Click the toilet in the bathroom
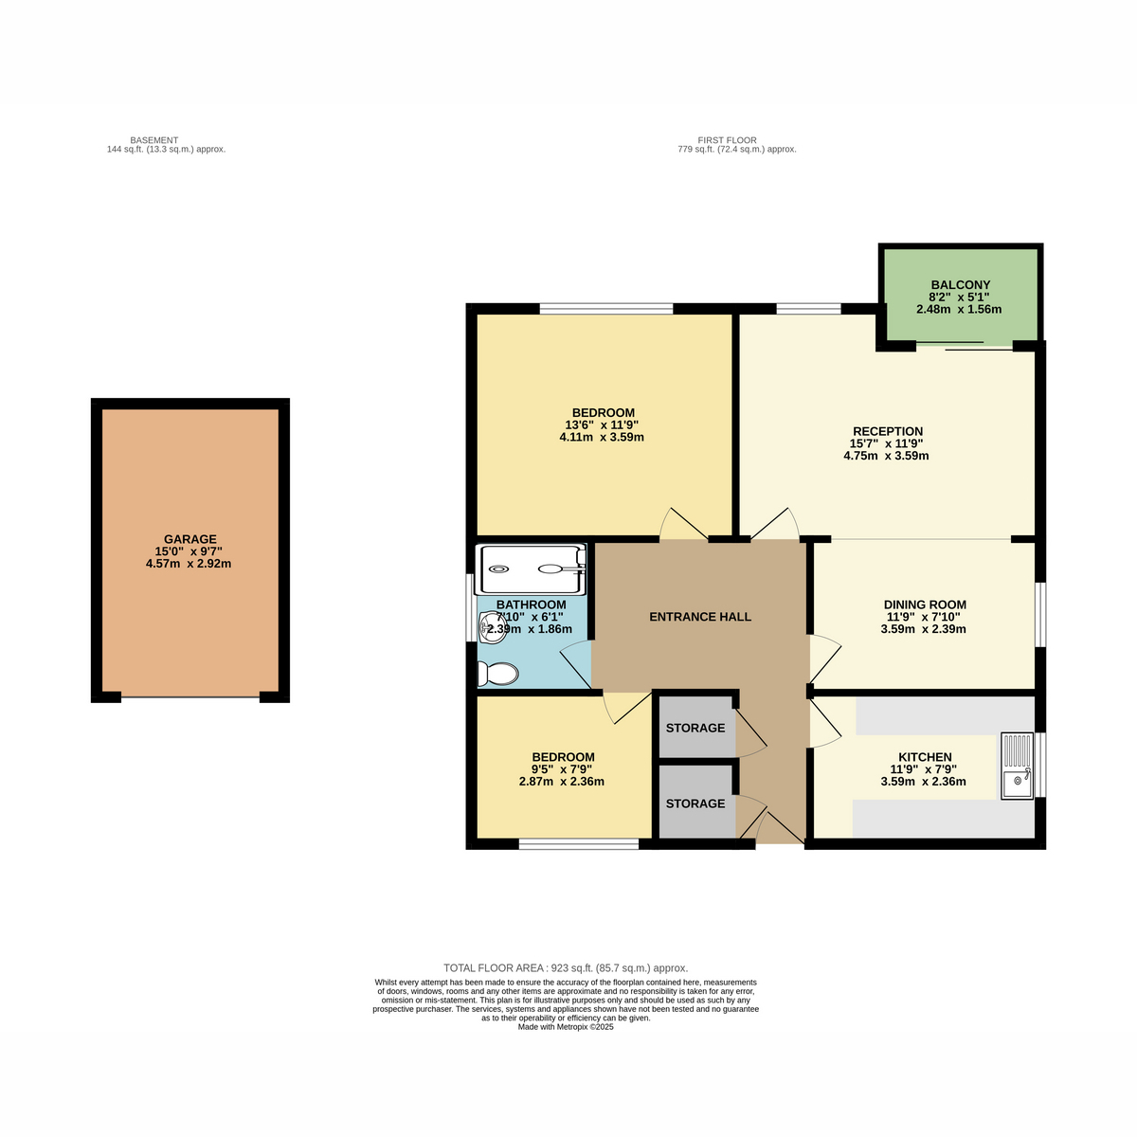tap(497, 674)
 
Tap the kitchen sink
tap(1018, 766)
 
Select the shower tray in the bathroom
tap(531, 569)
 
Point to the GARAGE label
tap(190, 539)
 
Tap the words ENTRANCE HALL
tap(700, 617)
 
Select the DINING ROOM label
tap(925, 605)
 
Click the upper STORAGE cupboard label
tap(695, 728)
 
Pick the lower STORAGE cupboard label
tap(695, 803)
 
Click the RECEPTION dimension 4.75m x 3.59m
tap(886, 456)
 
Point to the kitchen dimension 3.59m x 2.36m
tap(924, 782)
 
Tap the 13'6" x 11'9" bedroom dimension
tap(602, 424)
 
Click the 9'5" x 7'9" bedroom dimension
tap(562, 769)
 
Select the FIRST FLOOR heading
tap(727, 140)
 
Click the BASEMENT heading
tap(154, 140)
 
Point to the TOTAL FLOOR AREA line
tap(566, 968)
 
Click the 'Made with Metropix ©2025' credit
tap(566, 1027)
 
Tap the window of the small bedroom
tap(579, 844)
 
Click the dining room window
tap(1040, 615)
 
